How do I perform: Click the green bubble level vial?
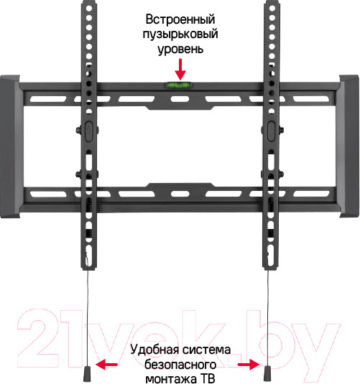click(178, 85)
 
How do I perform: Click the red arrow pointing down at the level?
click(180, 70)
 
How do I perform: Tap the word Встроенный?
click(180, 19)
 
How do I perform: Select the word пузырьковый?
click(180, 34)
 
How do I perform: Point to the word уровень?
click(180, 49)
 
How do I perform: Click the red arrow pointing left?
click(106, 364)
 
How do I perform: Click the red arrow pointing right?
click(249, 365)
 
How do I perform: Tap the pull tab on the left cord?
click(87, 373)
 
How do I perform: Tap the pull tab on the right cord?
click(267, 373)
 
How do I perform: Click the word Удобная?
click(154, 350)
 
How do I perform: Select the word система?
click(206, 350)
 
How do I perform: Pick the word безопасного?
click(180, 365)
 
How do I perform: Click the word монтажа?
click(171, 378)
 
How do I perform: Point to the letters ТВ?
click(208, 378)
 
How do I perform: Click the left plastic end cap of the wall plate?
click(10, 146)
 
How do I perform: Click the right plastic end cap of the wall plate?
click(349, 146)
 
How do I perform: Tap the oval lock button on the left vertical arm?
click(88, 131)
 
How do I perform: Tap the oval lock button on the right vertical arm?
click(271, 131)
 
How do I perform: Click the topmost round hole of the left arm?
click(89, 8)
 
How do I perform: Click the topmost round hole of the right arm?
click(272, 8)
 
